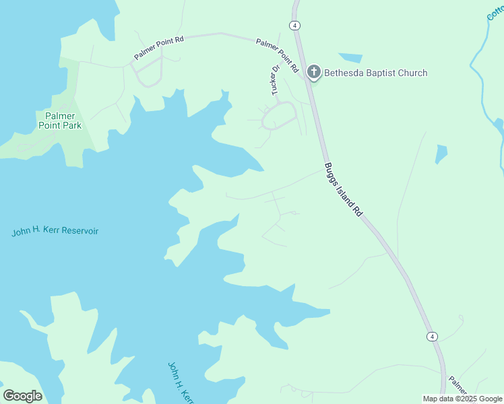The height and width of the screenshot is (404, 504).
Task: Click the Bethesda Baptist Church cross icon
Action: (313, 72)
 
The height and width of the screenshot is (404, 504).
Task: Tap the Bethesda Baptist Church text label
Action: (375, 73)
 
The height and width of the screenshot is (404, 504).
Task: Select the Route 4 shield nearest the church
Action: (295, 25)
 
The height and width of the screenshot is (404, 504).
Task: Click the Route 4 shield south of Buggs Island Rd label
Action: (432, 336)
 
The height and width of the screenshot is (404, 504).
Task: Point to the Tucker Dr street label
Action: (275, 79)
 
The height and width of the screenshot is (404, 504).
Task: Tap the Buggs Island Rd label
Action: (344, 189)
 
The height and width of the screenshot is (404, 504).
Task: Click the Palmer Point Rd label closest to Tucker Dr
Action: (277, 55)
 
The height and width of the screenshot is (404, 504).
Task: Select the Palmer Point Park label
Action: (59, 121)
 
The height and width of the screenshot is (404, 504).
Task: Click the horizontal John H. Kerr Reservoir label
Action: (55, 232)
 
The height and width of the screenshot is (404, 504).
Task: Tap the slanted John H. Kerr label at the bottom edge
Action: (177, 382)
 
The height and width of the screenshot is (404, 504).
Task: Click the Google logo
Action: (22, 396)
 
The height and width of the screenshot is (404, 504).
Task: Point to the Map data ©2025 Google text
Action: (462, 399)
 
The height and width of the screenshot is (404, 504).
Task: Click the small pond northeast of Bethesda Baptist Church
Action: (350, 58)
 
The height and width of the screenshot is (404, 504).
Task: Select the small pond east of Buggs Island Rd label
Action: (441, 154)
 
